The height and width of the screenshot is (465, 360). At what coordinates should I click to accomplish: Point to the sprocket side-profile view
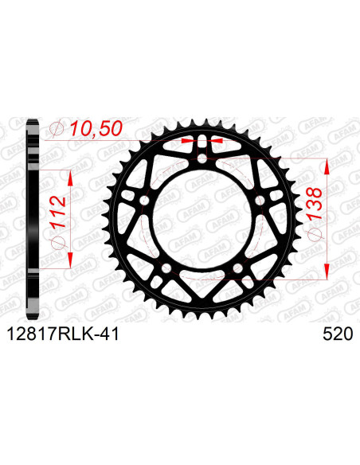31,219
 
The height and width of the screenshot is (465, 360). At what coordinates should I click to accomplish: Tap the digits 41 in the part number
109,336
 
